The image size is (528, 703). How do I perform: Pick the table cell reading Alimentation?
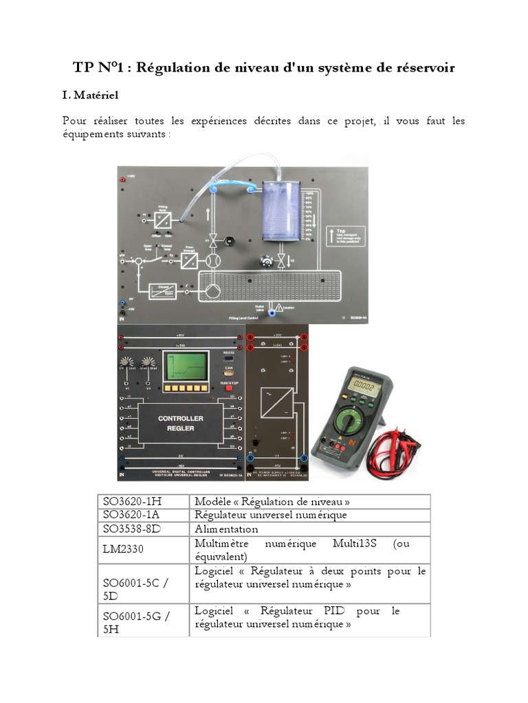(226, 529)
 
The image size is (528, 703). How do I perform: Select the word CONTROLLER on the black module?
(176, 418)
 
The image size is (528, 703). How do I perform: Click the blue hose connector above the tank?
(221, 183)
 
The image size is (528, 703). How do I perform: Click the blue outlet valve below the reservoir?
(272, 312)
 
